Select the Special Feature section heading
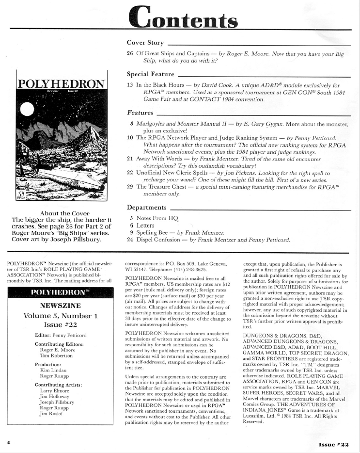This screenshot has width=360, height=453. pos(150,74)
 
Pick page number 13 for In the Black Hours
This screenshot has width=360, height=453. pos(130,84)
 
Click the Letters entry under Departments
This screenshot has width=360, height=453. pos(146,226)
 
